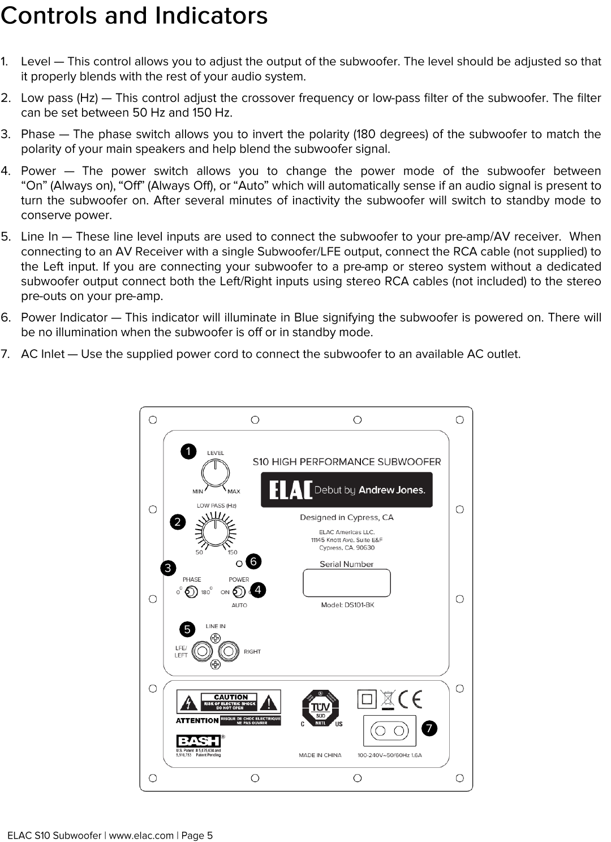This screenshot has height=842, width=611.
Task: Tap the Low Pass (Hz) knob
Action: coord(216,531)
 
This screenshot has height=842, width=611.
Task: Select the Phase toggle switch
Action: coord(191,592)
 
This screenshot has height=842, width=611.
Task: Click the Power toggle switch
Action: coord(239,592)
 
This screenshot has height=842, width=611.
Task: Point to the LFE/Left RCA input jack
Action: coord(201,651)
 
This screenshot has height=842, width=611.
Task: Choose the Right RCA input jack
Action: coord(229,651)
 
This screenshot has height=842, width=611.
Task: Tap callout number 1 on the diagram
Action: coord(188,451)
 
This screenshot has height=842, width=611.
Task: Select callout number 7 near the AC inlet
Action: coord(429,728)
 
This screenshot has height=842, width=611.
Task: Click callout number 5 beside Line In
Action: coord(187,629)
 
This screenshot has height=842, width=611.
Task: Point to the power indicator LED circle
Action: coord(239,564)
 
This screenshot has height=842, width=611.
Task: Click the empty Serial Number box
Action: coord(347,583)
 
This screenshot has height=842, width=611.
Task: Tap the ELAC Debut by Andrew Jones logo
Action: coord(346,489)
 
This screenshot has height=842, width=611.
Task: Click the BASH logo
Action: coord(198,741)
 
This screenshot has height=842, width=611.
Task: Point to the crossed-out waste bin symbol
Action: coord(388,700)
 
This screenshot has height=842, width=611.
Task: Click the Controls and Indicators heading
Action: coord(134,16)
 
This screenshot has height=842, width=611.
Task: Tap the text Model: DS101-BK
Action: coord(347,605)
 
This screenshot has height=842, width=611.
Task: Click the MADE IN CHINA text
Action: coord(320,755)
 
